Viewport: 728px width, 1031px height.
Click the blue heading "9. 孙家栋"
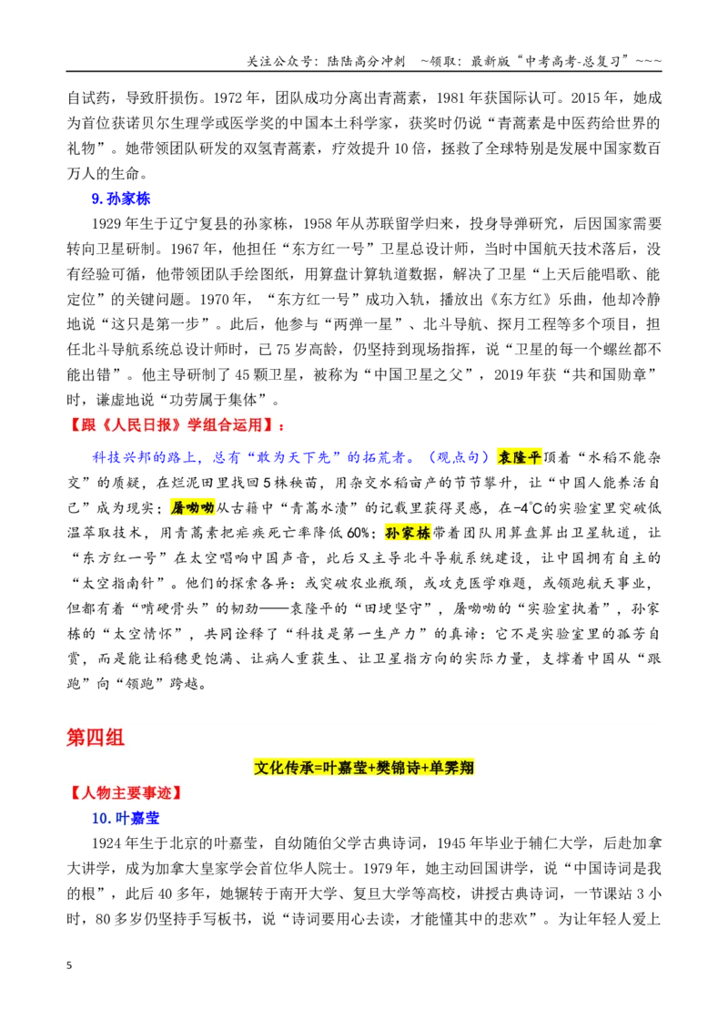point(121,199)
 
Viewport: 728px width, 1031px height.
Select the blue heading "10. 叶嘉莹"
point(126,818)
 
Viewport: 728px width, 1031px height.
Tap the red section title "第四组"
point(96,737)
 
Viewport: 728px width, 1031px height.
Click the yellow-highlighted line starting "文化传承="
point(364,768)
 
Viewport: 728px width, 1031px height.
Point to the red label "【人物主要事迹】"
point(124,793)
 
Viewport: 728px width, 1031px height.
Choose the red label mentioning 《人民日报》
point(177,424)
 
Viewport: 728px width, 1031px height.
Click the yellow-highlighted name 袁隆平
point(519,457)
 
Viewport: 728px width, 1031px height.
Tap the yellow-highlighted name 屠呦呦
point(193,507)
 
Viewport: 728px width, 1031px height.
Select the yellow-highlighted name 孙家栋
point(408,533)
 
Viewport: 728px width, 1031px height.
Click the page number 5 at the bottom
point(69,965)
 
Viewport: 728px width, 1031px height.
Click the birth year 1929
point(106,224)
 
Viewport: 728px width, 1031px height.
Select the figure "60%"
point(358,533)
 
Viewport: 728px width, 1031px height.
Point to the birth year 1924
point(106,843)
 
